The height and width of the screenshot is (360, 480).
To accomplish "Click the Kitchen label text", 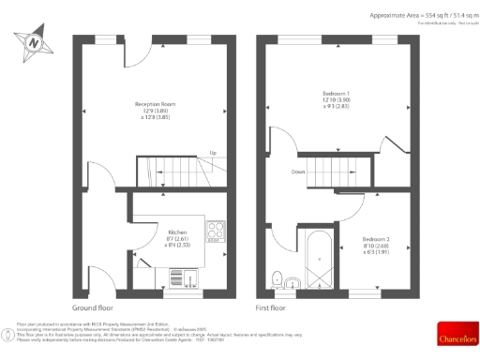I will (177, 232).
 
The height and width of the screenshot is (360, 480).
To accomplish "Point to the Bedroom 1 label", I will (336, 94).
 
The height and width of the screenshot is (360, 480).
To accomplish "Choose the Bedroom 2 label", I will (376, 240).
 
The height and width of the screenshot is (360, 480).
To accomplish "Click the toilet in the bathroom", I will (277, 277).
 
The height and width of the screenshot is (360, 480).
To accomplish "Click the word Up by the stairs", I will (214, 153).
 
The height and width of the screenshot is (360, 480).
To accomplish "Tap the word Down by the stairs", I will (297, 172).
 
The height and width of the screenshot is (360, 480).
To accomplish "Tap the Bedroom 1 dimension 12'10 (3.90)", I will (336, 99).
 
